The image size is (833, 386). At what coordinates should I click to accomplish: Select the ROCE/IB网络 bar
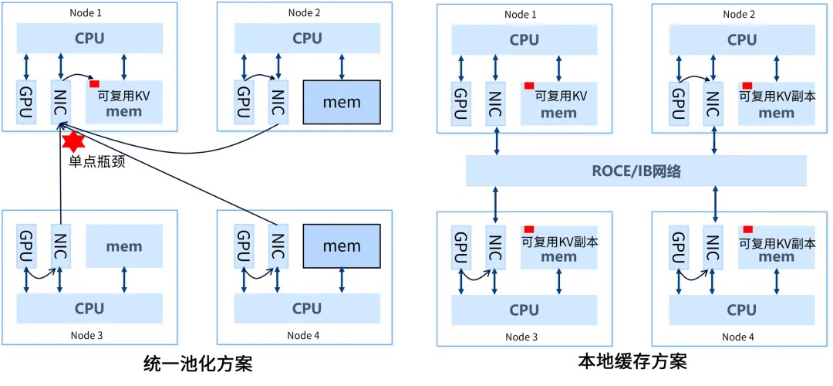(x=636, y=171)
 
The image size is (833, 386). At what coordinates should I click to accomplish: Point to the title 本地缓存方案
(x=632, y=361)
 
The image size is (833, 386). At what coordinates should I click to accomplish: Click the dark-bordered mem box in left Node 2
(x=342, y=102)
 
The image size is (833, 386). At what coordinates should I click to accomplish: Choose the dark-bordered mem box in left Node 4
(x=342, y=246)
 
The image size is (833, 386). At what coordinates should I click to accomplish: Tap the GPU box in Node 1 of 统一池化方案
(x=27, y=101)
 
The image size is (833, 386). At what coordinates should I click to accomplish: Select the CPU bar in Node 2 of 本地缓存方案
(x=742, y=39)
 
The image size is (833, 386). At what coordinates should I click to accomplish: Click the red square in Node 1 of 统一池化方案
(x=94, y=83)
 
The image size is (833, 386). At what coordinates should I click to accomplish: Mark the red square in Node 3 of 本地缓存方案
(x=529, y=229)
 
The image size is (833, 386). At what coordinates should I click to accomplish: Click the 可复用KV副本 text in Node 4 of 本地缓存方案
(x=777, y=242)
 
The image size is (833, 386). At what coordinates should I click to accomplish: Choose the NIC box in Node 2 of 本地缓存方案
(x=713, y=102)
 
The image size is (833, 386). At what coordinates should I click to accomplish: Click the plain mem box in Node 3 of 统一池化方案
(x=124, y=246)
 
